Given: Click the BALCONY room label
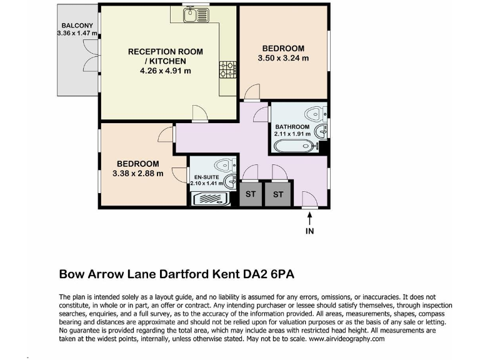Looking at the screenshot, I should pos(72,26).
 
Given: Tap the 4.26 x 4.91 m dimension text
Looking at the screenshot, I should pos(166,71).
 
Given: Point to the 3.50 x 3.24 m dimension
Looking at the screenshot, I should pos(283,58).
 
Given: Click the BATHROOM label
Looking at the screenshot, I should pos(292,127).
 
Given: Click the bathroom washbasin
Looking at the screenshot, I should pos(321,131).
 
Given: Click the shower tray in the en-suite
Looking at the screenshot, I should pos(212,199).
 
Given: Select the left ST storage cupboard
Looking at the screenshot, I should pos(251,194).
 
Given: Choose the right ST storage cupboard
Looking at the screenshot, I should pos(278,194).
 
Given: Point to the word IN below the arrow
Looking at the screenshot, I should pos(309,231).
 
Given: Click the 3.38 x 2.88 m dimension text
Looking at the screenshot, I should pos(137,173).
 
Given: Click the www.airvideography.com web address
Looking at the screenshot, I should pos(347,338).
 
